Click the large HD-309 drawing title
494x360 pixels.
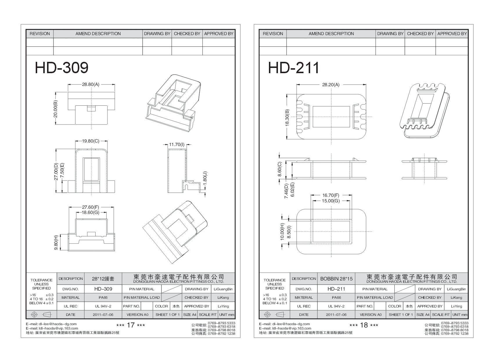click(62, 68)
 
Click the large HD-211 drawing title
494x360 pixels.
click(294, 68)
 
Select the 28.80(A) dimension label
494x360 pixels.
click(91, 84)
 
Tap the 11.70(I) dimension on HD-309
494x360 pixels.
click(177, 144)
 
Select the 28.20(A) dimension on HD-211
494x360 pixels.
click(330, 85)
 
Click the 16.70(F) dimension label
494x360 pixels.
click(330, 195)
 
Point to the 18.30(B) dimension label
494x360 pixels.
click(288, 118)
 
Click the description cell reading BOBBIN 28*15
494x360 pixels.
click(336, 279)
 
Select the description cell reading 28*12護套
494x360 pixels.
click(103, 279)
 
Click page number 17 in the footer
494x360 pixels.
click(131, 325)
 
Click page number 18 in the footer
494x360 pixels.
click(364, 325)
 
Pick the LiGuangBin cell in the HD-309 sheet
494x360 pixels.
click(223, 289)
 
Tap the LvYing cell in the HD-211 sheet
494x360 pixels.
click(456, 306)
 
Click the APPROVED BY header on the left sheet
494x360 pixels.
click(219, 34)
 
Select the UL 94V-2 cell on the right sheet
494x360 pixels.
click(336, 306)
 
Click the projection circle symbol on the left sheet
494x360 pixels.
click(35, 315)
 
